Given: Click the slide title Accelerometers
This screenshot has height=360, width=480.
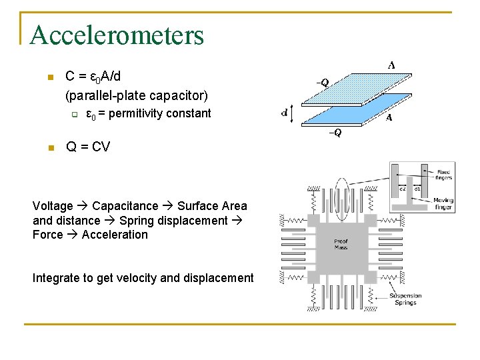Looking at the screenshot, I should click(117, 35).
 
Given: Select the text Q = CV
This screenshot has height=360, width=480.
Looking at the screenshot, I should click(88, 147).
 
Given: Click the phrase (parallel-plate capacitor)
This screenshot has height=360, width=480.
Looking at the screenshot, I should click(137, 95).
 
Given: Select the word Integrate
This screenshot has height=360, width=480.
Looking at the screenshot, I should click(55, 278).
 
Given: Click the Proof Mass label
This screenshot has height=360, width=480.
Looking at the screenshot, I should click(341, 244).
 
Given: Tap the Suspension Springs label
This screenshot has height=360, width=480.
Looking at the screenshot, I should click(405, 299).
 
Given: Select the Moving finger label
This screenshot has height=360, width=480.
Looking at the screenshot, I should click(443, 203).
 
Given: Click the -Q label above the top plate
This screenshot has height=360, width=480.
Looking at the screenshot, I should click(322, 83).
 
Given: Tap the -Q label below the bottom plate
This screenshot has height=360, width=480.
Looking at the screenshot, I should click(335, 133).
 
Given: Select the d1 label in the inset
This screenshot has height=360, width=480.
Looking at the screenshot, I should click(418, 189).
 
